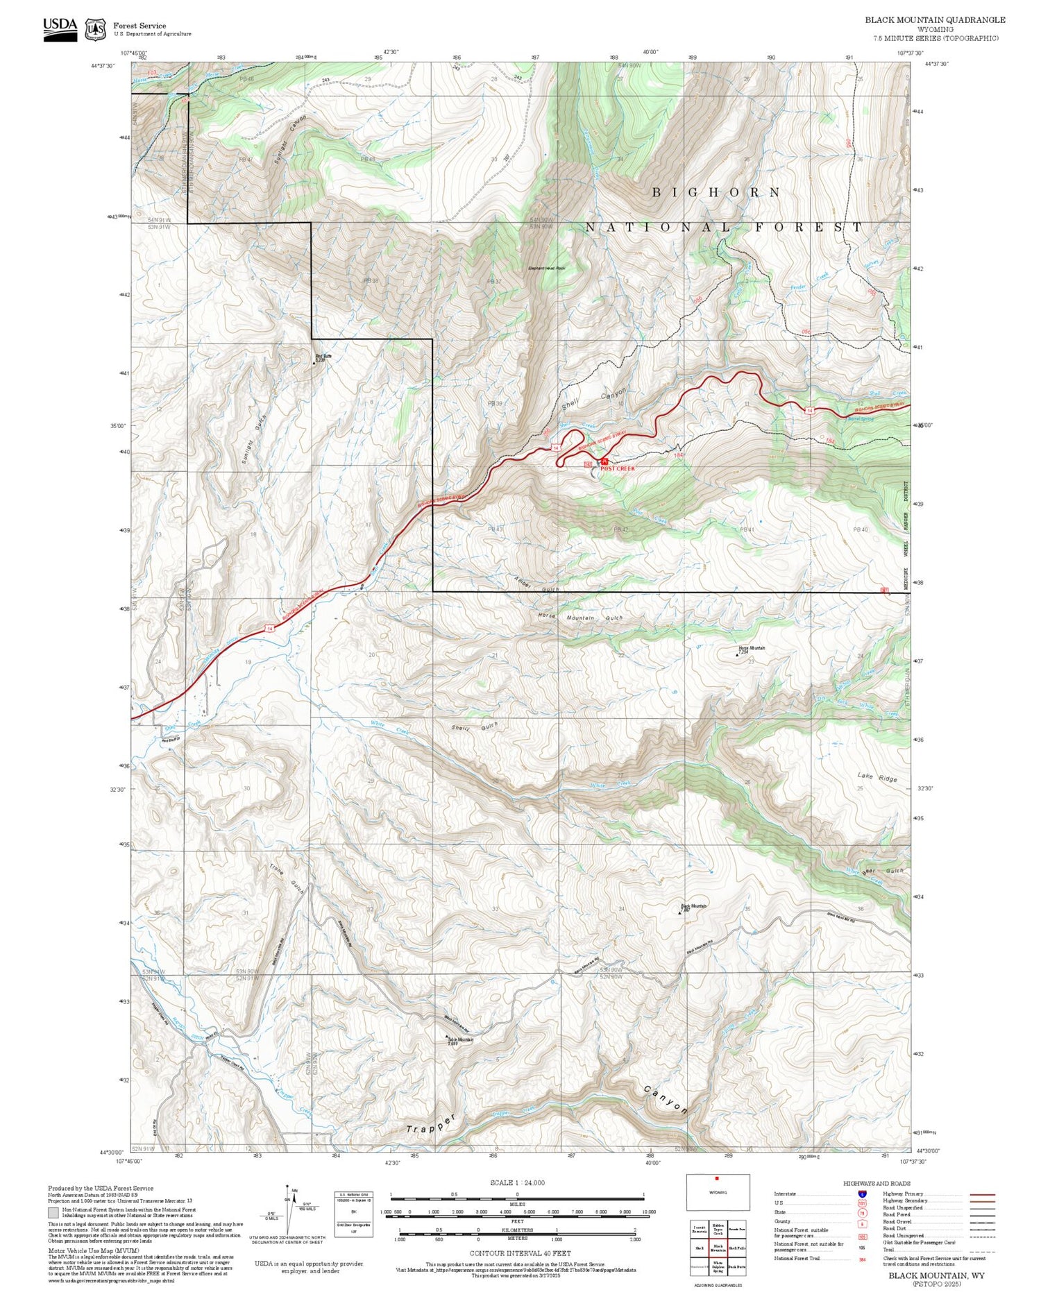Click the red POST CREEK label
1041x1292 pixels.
click(617, 468)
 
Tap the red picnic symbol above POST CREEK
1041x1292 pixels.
click(604, 461)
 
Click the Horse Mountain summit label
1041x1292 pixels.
click(752, 649)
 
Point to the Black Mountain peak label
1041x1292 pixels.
click(693, 906)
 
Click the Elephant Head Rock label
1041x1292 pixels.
click(546, 269)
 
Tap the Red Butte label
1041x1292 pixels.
click(323, 357)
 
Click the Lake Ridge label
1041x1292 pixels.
click(877, 777)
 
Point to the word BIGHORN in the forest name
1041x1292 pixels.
click(716, 192)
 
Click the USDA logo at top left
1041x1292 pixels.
click(60, 28)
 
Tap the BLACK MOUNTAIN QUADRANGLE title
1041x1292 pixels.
click(934, 20)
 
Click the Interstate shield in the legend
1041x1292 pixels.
click(862, 1193)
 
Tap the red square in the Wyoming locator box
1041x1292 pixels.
click(717, 1178)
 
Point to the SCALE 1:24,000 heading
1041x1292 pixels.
click(517, 1182)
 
